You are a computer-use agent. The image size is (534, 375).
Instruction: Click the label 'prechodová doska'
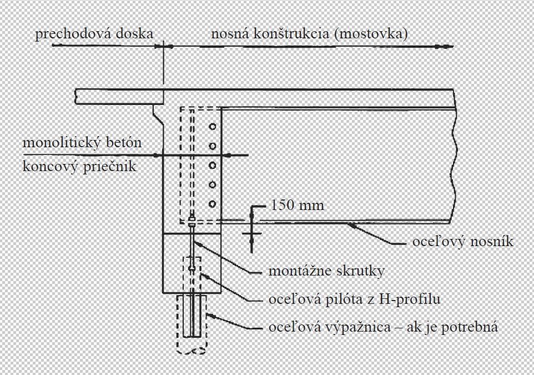click(x=94, y=34)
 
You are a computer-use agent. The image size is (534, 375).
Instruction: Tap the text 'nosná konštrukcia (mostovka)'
click(x=309, y=34)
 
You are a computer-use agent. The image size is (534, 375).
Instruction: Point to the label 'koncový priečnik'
click(x=79, y=166)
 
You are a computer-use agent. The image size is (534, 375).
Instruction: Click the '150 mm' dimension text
click(x=297, y=205)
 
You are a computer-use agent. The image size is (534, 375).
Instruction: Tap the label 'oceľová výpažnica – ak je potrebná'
click(x=383, y=327)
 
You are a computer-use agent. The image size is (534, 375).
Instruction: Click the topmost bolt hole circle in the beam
click(x=212, y=127)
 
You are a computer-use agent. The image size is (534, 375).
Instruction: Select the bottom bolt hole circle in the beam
click(x=212, y=204)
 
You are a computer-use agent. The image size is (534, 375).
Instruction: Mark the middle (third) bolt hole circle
click(x=212, y=166)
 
